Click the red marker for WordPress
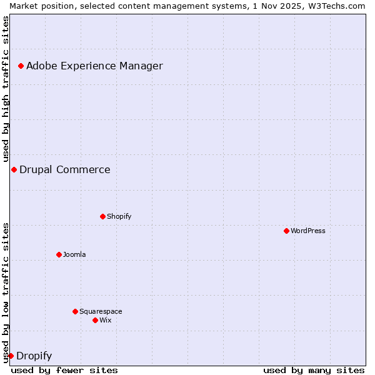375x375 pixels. point(286,231)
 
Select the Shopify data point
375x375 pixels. point(102,216)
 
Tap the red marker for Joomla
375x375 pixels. point(59,254)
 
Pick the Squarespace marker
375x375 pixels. point(75,311)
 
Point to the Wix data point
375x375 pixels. point(95,320)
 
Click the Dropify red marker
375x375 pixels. point(11,356)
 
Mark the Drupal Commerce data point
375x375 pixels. point(14,169)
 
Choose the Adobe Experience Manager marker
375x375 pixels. point(21,66)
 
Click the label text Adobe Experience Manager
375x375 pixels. point(94,66)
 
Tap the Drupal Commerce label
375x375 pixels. point(65,169)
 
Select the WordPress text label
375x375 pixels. point(308,231)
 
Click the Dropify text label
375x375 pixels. point(34,356)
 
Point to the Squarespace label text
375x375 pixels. point(101,311)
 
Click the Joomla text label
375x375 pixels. point(74,254)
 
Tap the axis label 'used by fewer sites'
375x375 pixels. point(64,370)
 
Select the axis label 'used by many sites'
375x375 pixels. point(314,370)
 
